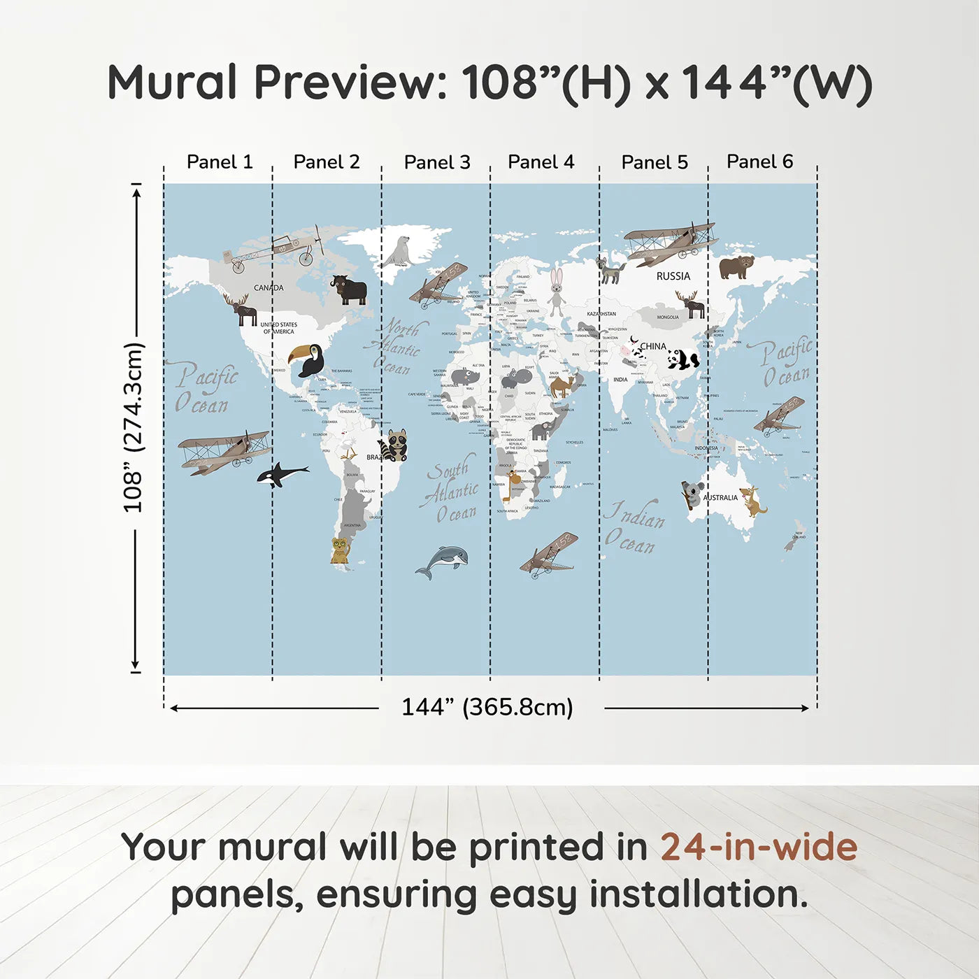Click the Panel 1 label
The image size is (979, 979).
pos(220,162)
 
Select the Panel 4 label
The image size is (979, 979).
pos(541,162)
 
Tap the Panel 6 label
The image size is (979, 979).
pos(759,162)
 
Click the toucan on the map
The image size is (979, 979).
pos(308,359)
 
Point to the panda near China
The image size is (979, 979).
pos(683,359)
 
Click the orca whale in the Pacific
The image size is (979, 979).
pos(281,474)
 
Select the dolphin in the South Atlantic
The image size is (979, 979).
pos(443,562)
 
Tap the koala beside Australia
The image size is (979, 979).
pos(692,494)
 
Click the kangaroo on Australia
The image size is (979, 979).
pos(753,501)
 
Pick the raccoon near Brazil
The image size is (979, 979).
pos(395,445)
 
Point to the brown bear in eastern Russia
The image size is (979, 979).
pos(736,266)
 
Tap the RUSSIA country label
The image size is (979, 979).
pos(673,276)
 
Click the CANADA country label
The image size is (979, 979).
pos(269,288)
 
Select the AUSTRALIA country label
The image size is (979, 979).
pos(720,498)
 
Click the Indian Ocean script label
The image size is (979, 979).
pos(634,528)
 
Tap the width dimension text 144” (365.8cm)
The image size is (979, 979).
pos(487,707)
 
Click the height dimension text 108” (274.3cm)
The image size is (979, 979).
pos(133,427)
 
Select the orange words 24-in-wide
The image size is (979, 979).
pos(759,847)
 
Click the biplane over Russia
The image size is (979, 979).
pos(669,243)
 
